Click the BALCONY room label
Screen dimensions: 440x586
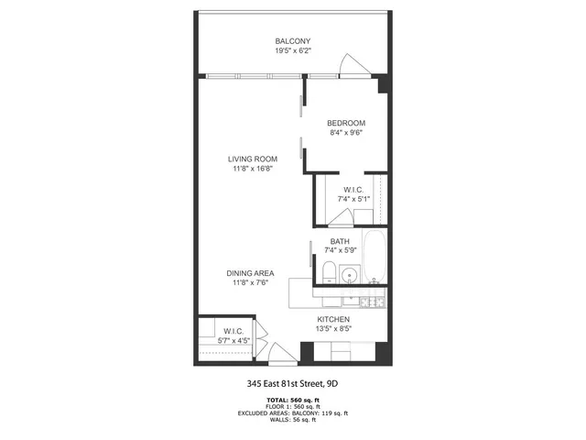tap(293, 41)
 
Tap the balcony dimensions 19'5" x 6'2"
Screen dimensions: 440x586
tap(293, 51)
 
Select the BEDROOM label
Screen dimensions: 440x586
tap(346, 123)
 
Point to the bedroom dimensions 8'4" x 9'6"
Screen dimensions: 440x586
tap(346, 133)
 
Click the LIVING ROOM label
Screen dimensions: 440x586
tap(253, 159)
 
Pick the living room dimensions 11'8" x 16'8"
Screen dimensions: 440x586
tap(253, 169)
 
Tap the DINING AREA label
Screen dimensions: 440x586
tap(253, 272)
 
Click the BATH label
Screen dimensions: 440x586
tap(340, 242)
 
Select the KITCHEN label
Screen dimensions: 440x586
tap(333, 319)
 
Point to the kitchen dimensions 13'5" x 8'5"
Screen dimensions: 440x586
tap(333, 329)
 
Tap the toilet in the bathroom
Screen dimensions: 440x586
tap(328, 272)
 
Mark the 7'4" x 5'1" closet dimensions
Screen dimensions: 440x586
tap(353, 199)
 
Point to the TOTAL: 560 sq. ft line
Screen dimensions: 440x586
tap(293, 400)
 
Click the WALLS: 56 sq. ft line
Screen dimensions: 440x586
tap(293, 420)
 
